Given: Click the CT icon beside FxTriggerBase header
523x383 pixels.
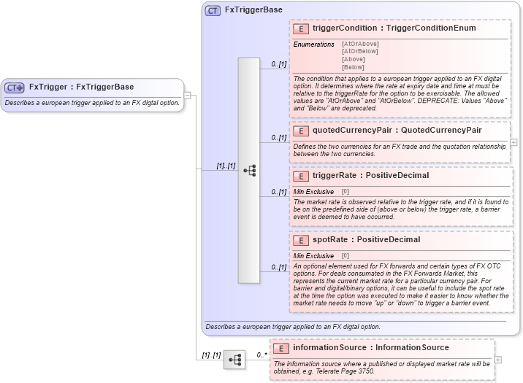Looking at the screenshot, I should click(213, 10).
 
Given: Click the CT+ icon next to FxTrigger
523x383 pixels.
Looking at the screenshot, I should click(15, 88).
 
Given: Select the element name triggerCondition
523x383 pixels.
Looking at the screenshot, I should click(344, 28).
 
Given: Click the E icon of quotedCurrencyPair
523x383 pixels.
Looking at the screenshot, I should click(300, 131).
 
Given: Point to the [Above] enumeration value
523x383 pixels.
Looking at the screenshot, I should click(354, 59).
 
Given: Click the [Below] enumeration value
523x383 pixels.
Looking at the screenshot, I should click(354, 66).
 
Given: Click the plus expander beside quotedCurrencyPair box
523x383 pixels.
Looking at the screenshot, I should click(514, 142).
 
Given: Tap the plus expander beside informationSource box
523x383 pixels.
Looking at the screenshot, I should click(498, 359).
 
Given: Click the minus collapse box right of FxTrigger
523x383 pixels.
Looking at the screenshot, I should click(188, 95).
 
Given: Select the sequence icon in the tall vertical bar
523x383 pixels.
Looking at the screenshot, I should click(249, 170).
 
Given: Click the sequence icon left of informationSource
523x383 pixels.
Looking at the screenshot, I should click(234, 360).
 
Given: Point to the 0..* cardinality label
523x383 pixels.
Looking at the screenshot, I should click(260, 355).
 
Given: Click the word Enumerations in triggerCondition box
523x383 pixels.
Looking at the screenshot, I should click(313, 45).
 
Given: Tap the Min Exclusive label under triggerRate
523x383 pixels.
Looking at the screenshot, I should click(313, 191).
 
